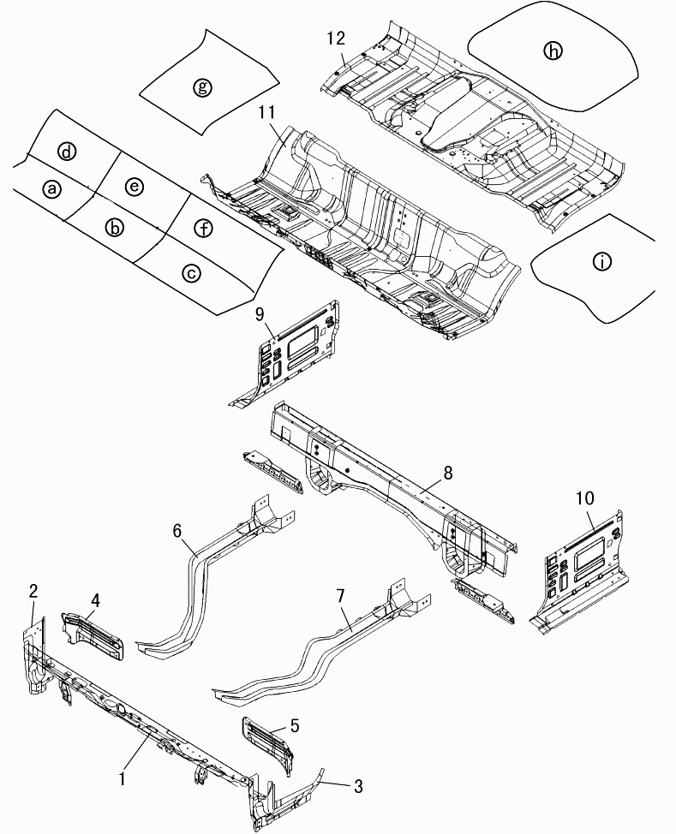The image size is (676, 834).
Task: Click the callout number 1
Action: tap(123, 779)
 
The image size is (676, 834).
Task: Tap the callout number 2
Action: tap(33, 590)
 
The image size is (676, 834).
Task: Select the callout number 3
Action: tap(358, 786)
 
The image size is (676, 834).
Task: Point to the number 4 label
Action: tap(95, 600)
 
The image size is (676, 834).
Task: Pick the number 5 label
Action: tap(294, 726)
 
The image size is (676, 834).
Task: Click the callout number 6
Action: tap(178, 531)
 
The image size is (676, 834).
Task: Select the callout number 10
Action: tap(585, 497)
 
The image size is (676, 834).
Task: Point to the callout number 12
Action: tap(336, 38)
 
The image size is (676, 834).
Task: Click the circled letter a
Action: tap(53, 188)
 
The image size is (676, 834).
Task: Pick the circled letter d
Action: tap(67, 152)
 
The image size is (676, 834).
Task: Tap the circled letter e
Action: tap(133, 186)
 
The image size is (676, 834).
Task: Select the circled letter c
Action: tap(191, 272)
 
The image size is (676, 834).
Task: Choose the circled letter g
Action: tap(202, 86)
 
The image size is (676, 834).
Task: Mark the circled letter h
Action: tap(553, 51)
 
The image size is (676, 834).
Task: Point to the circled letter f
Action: tap(202, 228)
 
